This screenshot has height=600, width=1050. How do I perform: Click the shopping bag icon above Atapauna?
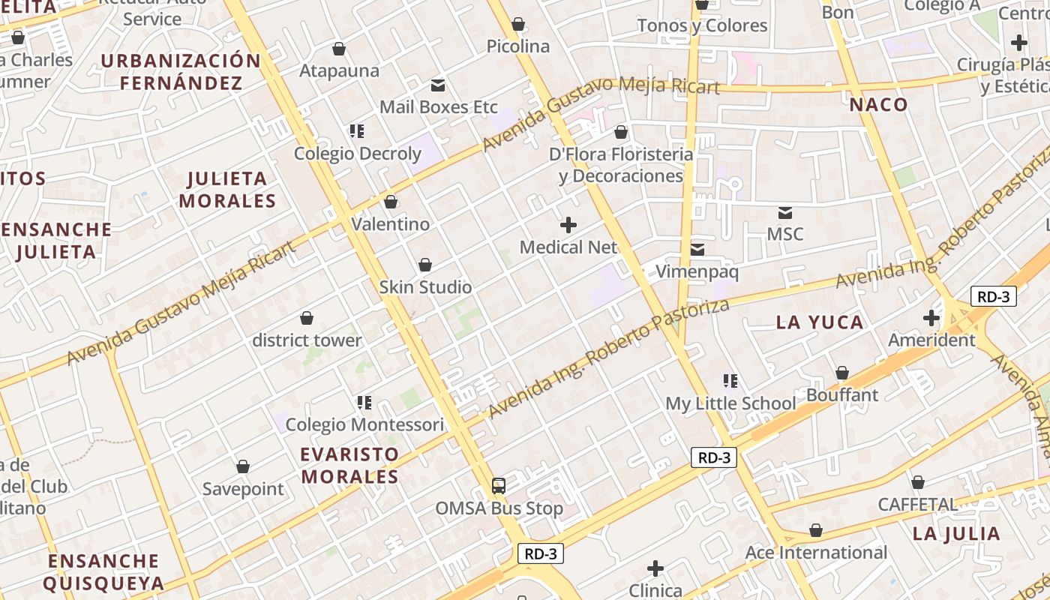tap(339, 49)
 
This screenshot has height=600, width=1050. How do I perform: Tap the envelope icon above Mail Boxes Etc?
tap(437, 85)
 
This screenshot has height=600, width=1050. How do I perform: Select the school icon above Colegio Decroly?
tap(356, 131)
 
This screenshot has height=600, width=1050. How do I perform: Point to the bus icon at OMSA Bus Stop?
tap(499, 485)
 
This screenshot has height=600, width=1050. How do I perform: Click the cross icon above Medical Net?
tap(568, 224)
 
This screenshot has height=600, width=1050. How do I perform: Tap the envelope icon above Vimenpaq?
tap(697, 249)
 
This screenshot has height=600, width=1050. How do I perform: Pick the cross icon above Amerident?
tap(931, 318)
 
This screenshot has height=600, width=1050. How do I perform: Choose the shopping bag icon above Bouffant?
tap(842, 373)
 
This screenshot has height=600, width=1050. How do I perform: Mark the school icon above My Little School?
tap(730, 381)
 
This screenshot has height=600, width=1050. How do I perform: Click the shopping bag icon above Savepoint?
tap(243, 466)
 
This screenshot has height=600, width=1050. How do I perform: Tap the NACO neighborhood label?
tap(879, 105)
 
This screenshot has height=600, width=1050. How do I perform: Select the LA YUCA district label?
tap(820, 322)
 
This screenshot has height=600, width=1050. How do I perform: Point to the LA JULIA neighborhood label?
tap(956, 534)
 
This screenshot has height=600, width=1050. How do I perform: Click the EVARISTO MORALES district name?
tap(349, 465)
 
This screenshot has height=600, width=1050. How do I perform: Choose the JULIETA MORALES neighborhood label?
tap(227, 190)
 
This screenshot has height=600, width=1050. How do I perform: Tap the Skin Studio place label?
tap(425, 287)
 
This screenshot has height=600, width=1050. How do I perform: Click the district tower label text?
tap(307, 340)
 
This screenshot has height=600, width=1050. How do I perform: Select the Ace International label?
tap(816, 553)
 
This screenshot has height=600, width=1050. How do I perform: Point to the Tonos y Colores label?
tap(702, 25)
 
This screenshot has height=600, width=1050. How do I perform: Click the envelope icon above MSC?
tap(785, 212)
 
